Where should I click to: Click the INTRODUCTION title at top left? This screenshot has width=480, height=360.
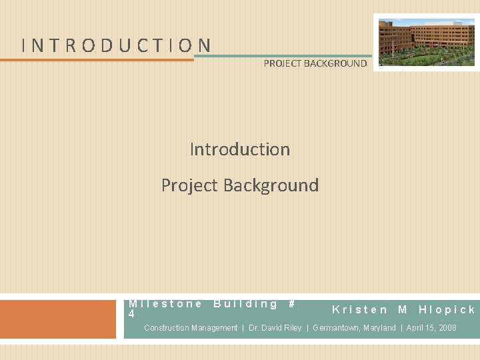click(117, 45)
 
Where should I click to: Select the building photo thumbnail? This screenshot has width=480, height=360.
click(427, 42)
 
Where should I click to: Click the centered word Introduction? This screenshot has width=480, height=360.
click(240, 149)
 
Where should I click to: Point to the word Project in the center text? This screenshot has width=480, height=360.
click(191, 185)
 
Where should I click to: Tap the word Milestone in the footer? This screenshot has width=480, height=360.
click(165, 304)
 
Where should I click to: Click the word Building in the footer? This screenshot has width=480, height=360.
click(245, 304)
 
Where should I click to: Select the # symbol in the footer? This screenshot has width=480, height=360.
click(291, 304)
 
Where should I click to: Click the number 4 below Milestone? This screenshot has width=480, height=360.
click(131, 313)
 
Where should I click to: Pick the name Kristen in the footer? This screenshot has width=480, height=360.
click(360, 309)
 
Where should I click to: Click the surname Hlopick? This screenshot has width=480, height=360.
click(447, 309)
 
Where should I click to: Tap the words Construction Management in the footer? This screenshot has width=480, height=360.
click(191, 328)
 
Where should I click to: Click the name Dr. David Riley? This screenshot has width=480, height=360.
click(275, 328)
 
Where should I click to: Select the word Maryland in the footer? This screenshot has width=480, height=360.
click(379, 328)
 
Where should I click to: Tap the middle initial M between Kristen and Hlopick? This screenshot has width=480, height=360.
click(403, 309)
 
